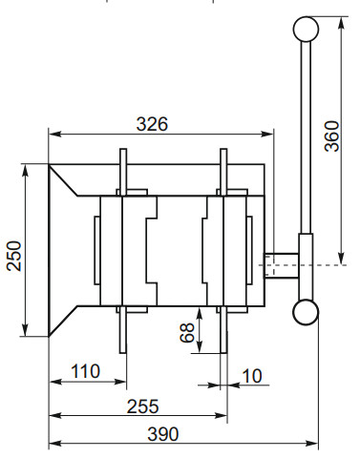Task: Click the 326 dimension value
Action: click(152, 123)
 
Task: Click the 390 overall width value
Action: click(164, 433)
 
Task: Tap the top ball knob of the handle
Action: click(306, 29)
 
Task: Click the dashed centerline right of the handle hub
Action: click(329, 264)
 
